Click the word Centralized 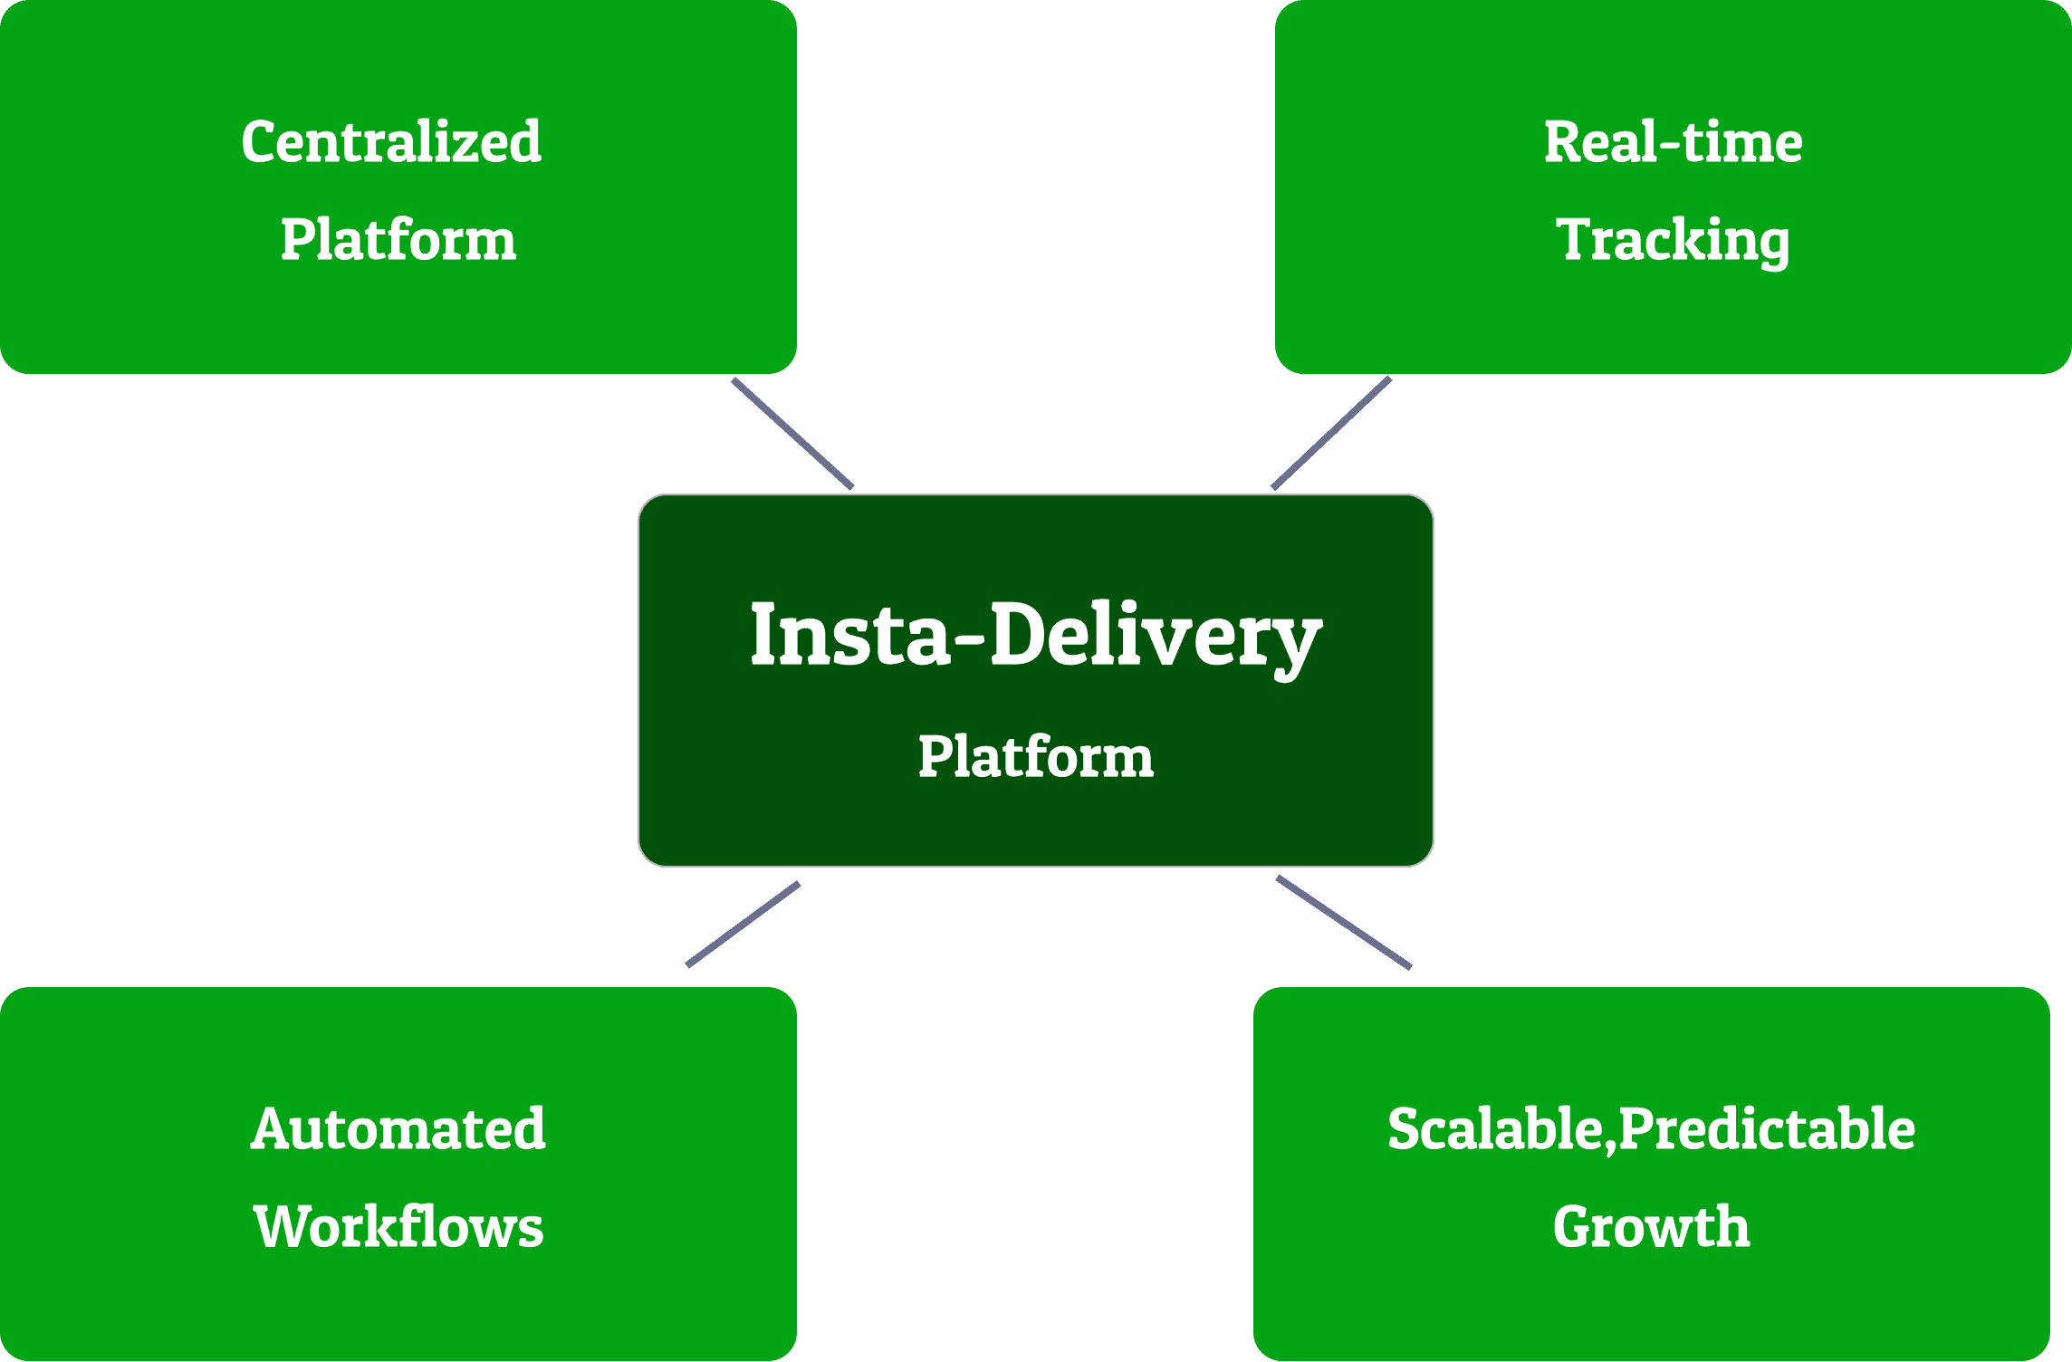(391, 143)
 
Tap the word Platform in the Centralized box (398, 241)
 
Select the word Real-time (1673, 143)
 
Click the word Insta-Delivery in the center (1036, 637)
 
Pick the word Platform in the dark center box (1036, 757)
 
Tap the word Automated (398, 1130)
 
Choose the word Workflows (398, 1228)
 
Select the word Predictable (1766, 1130)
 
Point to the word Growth (1651, 1228)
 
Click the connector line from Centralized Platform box (792, 434)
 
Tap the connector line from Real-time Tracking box (1331, 434)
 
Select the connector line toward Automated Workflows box (743, 925)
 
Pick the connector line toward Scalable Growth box (1344, 922)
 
